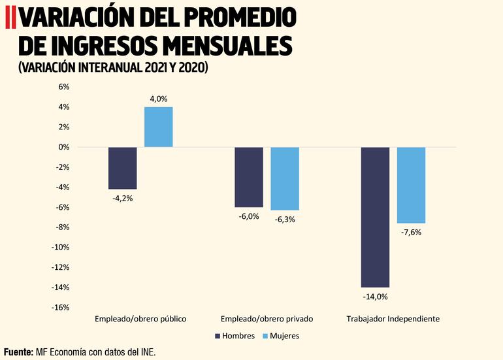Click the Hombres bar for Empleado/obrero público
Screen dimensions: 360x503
[122, 168]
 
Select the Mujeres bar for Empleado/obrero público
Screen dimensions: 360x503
[158, 127]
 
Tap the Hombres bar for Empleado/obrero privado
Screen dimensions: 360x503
[249, 177]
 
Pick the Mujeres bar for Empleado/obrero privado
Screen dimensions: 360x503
[285, 178]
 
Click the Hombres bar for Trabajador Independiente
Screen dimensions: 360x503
[375, 217]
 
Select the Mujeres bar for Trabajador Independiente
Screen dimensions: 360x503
[412, 185]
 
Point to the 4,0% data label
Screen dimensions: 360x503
[158, 99]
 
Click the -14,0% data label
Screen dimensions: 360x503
[375, 297]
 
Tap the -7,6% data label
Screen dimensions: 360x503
[412, 232]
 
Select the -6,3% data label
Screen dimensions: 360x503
[285, 220]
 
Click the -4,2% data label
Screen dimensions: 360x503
[122, 198]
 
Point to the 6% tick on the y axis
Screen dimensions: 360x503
[64, 87]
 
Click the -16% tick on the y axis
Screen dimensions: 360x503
[61, 308]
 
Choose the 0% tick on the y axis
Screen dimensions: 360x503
[64, 147]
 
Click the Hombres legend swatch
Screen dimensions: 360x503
[218, 336]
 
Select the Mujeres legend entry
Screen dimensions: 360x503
[280, 336]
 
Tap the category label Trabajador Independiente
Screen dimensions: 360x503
[393, 319]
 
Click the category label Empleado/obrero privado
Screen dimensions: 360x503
[267, 319]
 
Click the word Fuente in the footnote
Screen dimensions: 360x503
[18, 352]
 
